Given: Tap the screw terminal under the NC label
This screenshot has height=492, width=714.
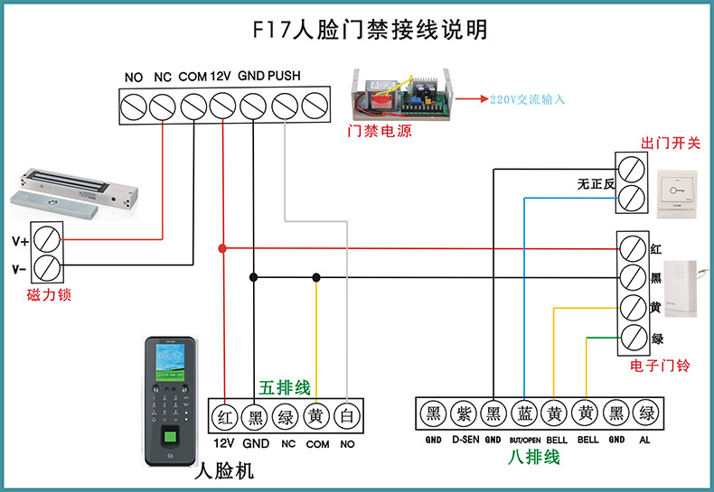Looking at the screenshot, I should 163,107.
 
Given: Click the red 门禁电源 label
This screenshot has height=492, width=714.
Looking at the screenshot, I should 380,132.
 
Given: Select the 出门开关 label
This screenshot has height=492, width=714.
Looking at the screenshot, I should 671,144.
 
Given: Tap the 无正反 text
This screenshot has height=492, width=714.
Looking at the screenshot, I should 596,184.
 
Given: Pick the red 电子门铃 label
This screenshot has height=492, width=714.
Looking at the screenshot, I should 660,367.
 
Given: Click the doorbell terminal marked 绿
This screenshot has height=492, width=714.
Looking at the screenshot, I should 633,339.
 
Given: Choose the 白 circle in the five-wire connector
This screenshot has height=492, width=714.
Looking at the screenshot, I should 347,416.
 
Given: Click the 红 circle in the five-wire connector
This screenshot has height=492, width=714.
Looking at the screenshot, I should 224,416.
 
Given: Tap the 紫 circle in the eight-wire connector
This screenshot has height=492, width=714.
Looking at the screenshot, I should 464,414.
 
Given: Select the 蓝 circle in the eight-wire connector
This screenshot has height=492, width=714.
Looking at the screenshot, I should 524,414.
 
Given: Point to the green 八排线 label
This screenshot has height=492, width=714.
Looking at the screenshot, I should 532,457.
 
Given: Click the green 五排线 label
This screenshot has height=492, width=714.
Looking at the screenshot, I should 285,387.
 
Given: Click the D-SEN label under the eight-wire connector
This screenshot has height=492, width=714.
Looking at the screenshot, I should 465,441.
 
